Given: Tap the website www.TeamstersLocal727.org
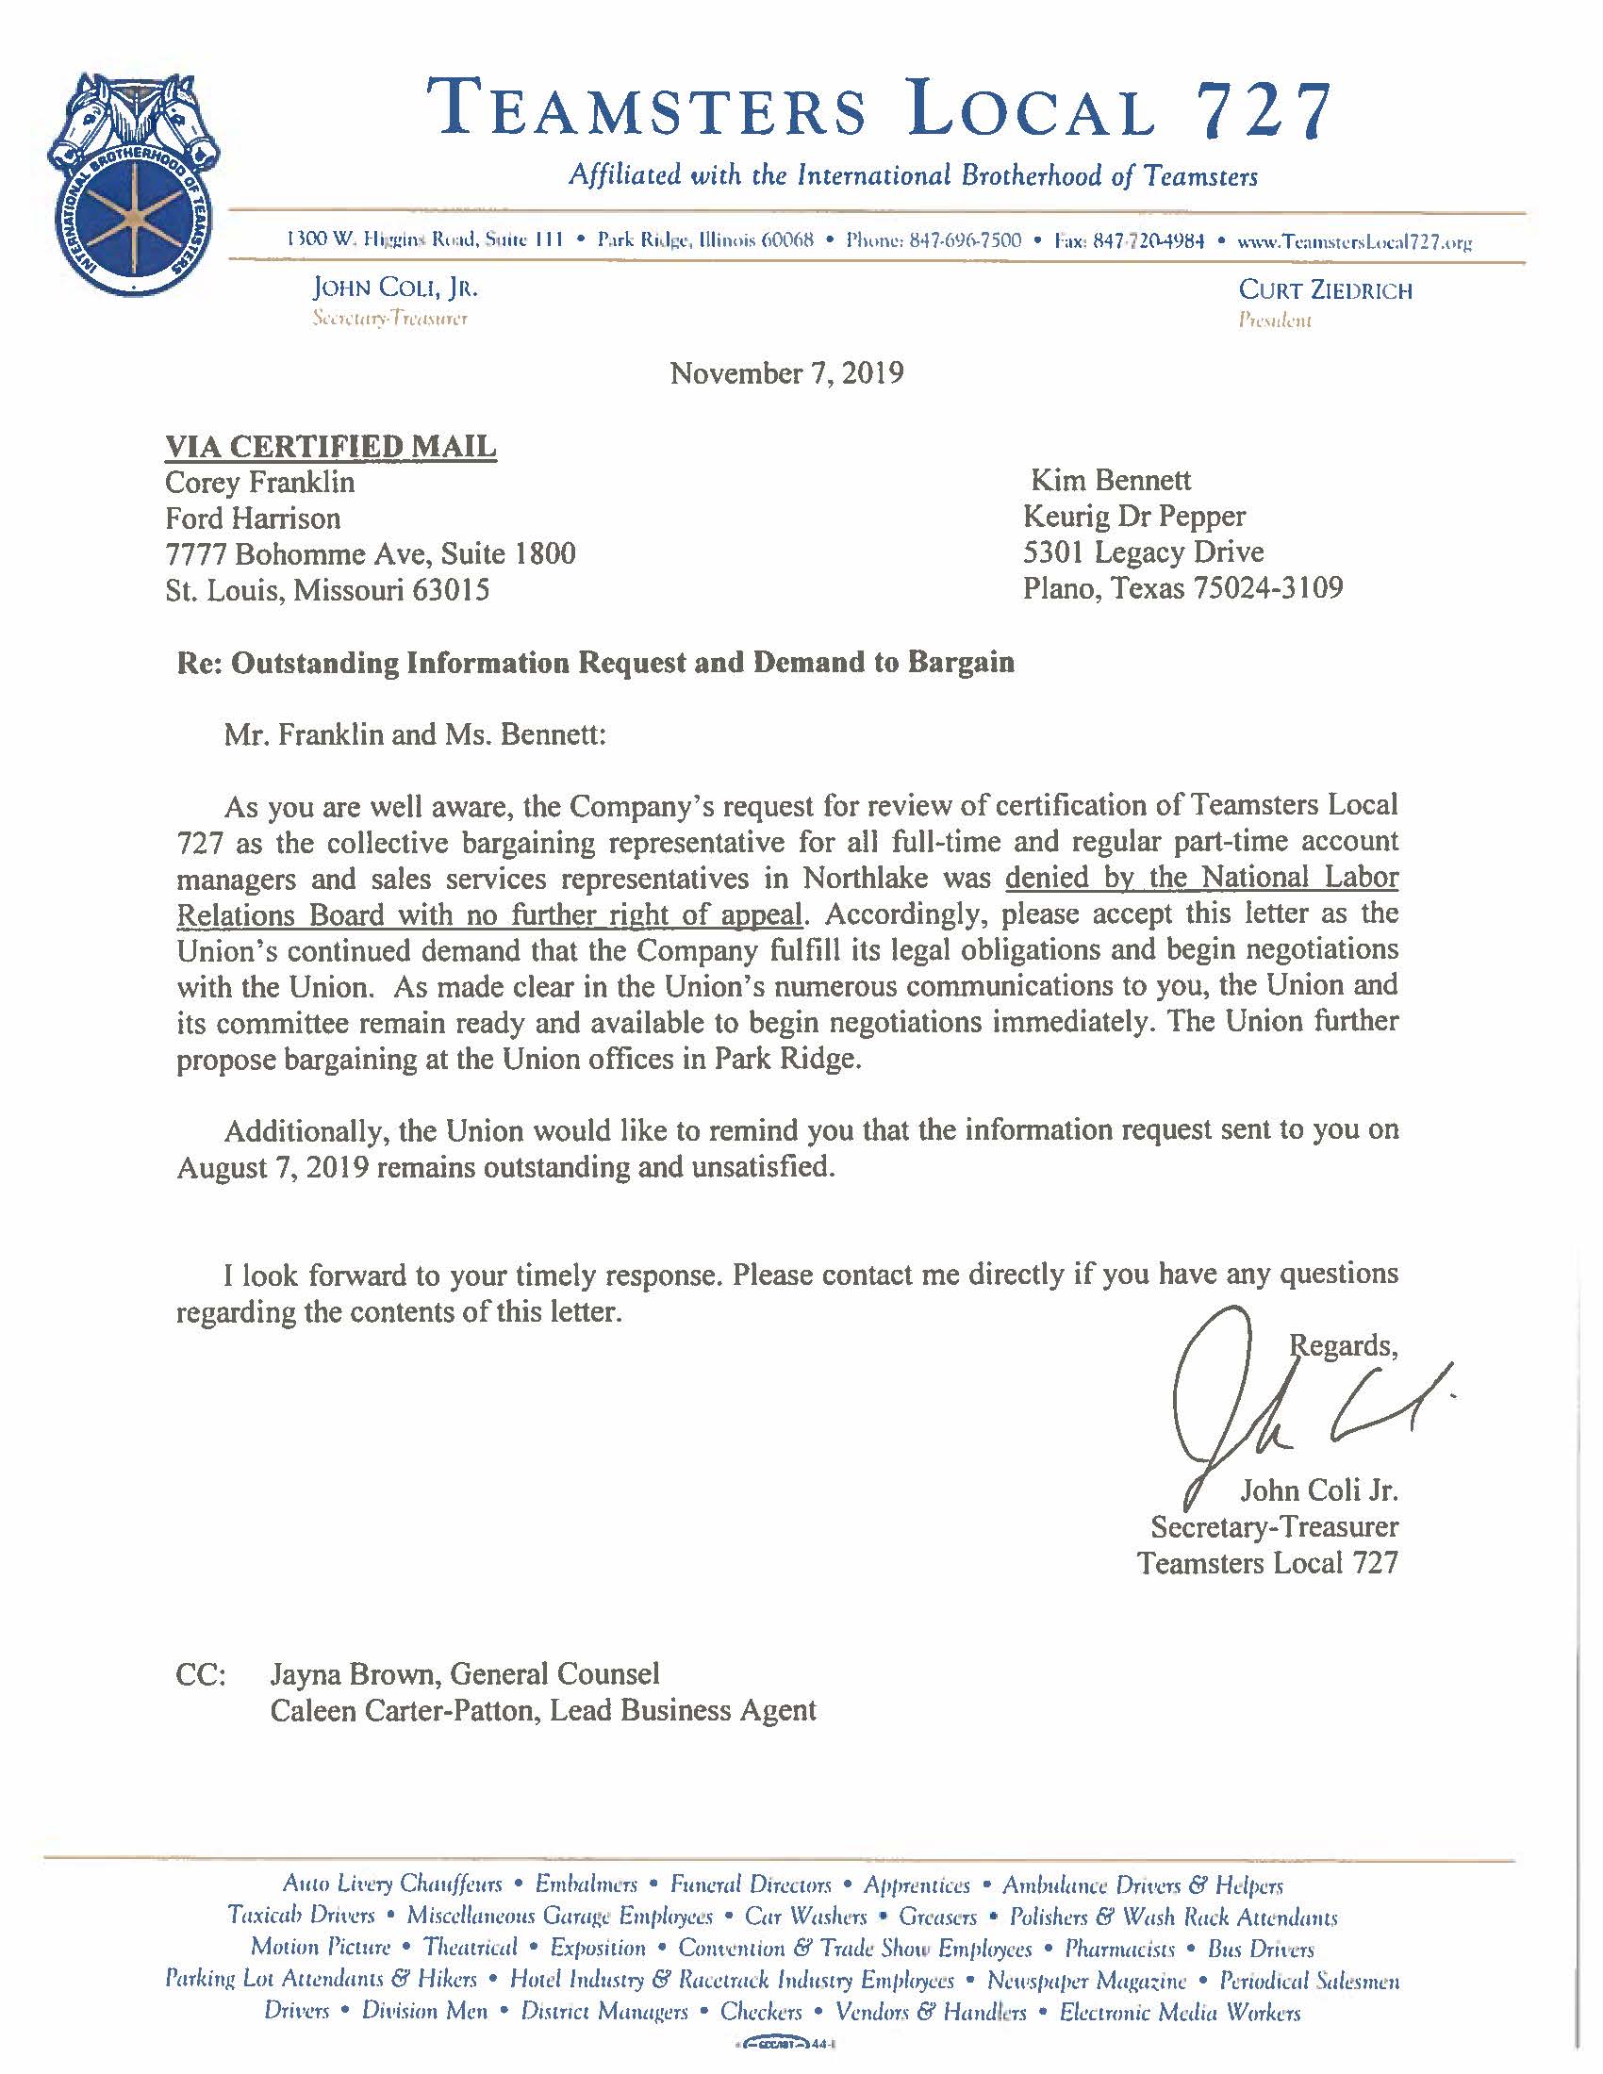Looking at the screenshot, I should pyautogui.click(x=1353, y=241).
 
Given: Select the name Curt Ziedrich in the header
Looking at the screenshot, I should pyautogui.click(x=1325, y=290).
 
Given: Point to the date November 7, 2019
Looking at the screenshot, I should pyautogui.click(x=786, y=373).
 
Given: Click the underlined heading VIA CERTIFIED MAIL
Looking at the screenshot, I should pyautogui.click(x=330, y=445).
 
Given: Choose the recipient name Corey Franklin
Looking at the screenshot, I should pyautogui.click(x=260, y=482).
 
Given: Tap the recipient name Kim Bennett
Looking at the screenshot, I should pyautogui.click(x=1110, y=480).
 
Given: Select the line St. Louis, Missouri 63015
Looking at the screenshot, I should pyautogui.click(x=327, y=590).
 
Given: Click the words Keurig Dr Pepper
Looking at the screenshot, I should pyautogui.click(x=1133, y=516).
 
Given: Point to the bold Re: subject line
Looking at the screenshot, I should pyautogui.click(x=595, y=662).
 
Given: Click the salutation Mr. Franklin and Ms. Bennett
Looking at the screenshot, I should pyautogui.click(x=414, y=734).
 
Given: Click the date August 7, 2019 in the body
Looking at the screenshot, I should pyautogui.click(x=273, y=1167).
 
